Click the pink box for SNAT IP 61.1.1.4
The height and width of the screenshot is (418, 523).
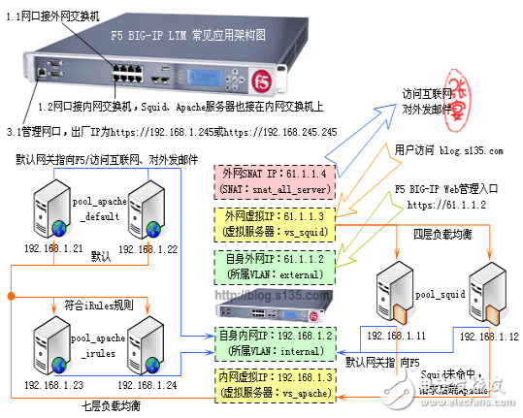275,179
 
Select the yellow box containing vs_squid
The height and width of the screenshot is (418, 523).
275,224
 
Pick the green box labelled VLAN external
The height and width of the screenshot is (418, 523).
275,268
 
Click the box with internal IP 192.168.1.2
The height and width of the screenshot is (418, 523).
275,341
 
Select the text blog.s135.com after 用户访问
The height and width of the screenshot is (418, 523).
471,151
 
